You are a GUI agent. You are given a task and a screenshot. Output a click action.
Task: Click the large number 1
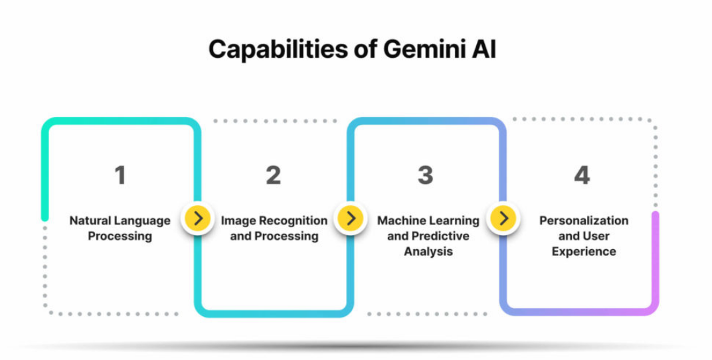tap(120, 175)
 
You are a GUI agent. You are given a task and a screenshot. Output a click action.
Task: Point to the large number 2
tap(273, 175)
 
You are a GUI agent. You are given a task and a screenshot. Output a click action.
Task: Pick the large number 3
tap(425, 175)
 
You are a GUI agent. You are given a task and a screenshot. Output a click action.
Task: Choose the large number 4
tap(582, 175)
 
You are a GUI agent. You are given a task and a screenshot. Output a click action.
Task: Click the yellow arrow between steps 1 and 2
tap(198, 218)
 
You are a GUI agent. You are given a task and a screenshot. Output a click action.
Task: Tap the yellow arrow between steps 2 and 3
tap(351, 218)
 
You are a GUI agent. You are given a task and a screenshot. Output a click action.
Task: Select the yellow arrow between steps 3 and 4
tap(503, 218)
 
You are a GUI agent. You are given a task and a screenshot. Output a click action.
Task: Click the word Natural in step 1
tap(91, 221)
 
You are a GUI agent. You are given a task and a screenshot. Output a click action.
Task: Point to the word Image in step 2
tap(238, 221)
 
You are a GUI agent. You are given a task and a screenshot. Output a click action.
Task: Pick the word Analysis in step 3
tap(428, 252)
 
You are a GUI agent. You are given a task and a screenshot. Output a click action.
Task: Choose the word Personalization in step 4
tap(584, 221)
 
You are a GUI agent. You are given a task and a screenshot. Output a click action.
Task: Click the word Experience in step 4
tap(584, 252)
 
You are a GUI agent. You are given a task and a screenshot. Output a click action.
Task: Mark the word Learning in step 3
tap(454, 221)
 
